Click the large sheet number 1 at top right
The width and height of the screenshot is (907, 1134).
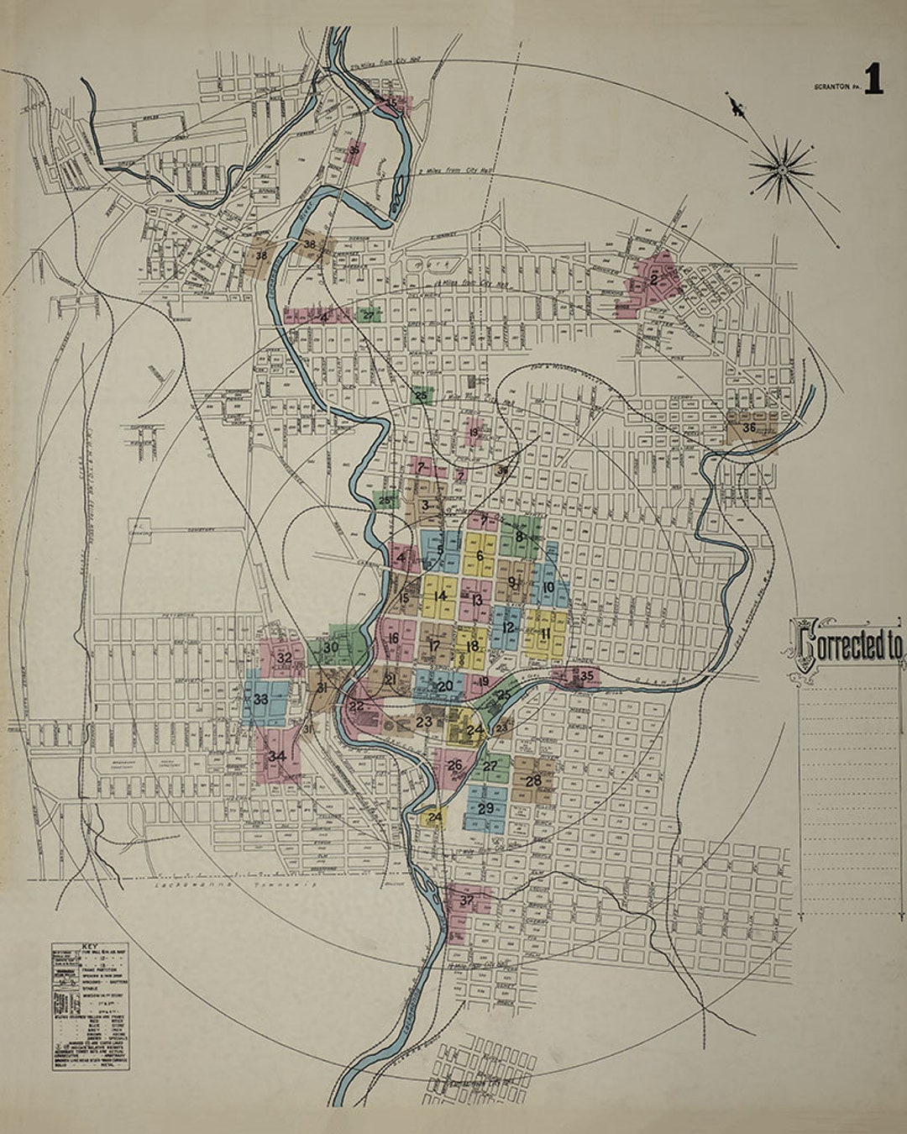click(873, 81)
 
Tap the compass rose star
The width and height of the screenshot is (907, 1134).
click(781, 171)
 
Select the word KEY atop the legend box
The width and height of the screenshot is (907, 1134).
click(89, 945)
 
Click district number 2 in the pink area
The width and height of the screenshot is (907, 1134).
click(653, 280)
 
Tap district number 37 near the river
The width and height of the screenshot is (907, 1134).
click(467, 901)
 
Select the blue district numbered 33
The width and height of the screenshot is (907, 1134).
click(260, 699)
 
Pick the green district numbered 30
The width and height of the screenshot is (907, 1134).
click(331, 648)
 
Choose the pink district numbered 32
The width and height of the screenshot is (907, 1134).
click(284, 658)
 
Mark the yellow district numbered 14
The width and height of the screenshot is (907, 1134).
click(440, 596)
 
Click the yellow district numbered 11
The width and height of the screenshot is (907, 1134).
click(545, 633)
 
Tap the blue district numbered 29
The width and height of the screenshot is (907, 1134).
click(485, 808)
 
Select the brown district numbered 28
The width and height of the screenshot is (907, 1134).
click(533, 780)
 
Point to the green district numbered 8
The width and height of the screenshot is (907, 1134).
click(520, 536)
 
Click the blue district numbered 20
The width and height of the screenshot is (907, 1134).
click(445, 685)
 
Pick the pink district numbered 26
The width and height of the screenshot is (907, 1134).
click(454, 764)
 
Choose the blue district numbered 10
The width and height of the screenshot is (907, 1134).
click(548, 587)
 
